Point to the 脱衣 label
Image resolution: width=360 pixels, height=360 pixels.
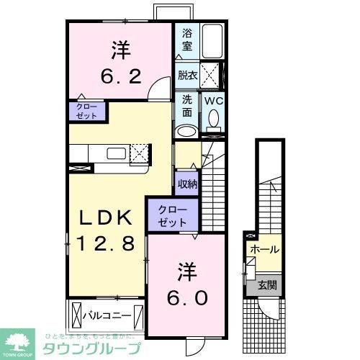[x=187, y=76]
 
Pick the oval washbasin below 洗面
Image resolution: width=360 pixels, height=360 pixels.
[x=186, y=131]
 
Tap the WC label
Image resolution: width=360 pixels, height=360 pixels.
[x=213, y=102]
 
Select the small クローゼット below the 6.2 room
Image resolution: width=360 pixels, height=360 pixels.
[x=86, y=111]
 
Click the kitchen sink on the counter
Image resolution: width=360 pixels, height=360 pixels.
[x=116, y=153]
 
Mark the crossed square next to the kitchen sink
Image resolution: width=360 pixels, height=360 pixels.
[x=141, y=153]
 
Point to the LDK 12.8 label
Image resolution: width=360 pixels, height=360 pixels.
[x=104, y=230]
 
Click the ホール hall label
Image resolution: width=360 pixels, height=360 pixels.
[x=266, y=250]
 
